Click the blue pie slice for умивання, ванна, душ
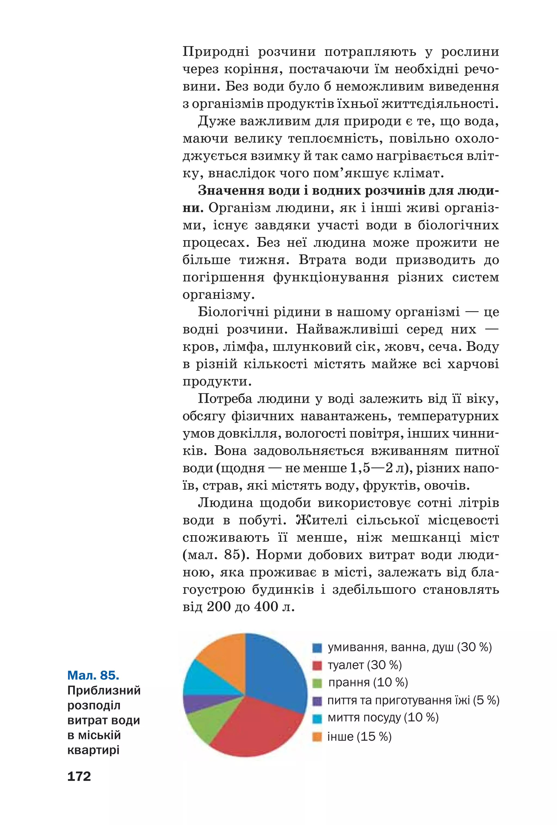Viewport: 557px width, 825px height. (273, 674)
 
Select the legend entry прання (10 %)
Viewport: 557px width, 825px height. (368, 682)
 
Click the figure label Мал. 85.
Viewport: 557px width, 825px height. (93, 675)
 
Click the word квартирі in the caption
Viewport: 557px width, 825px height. (93, 750)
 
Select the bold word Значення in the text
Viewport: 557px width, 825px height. (229, 191)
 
